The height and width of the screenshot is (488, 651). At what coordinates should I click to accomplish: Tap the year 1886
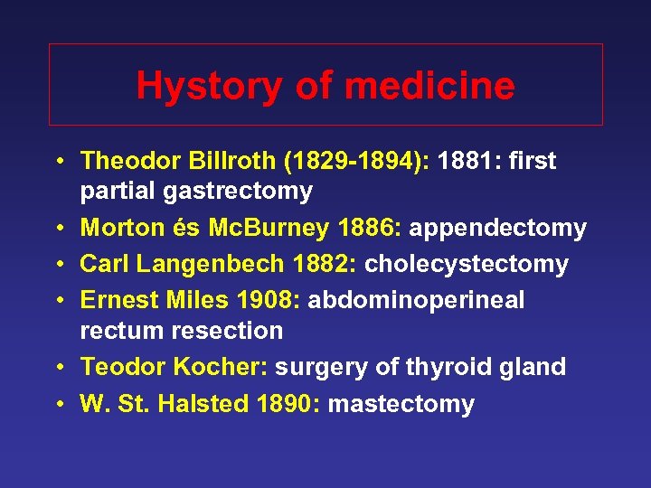click(x=368, y=229)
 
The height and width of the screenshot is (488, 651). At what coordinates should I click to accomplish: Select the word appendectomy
click(x=497, y=229)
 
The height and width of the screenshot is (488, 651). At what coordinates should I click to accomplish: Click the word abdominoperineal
click(x=416, y=300)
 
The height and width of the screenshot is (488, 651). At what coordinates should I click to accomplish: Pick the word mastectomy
click(x=401, y=403)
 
